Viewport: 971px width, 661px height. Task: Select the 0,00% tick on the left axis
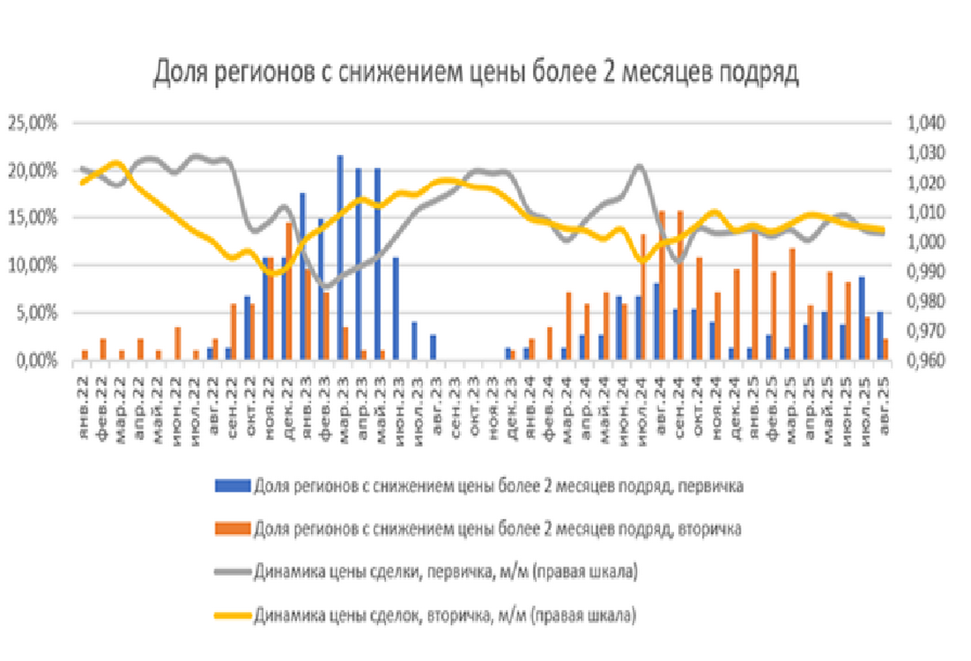click(x=37, y=360)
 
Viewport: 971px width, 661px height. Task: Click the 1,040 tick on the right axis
click(x=923, y=123)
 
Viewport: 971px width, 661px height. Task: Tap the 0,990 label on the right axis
click(x=923, y=271)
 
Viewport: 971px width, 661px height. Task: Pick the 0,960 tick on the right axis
click(x=923, y=360)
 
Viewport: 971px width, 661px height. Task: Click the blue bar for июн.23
click(x=396, y=308)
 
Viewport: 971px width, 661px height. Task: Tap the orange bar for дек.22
click(x=288, y=292)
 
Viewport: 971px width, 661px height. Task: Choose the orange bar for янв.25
click(x=754, y=295)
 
